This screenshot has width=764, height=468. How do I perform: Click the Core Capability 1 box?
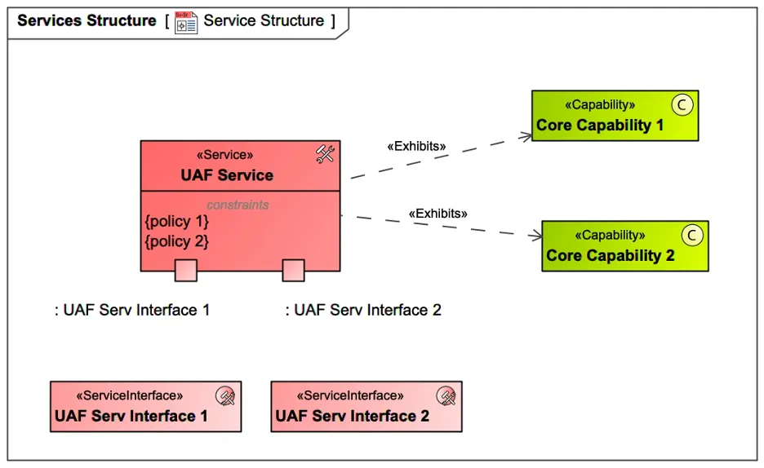point(615,116)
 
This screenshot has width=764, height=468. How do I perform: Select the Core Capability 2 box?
point(624,245)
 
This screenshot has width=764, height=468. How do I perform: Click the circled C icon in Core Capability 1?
point(682,104)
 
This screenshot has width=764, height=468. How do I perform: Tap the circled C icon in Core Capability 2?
point(692,235)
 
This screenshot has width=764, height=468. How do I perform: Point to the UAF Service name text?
point(227,175)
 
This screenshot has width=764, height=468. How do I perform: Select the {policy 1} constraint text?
point(176,222)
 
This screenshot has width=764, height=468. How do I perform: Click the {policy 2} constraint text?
point(176,241)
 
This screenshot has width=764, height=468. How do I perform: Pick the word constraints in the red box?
point(238,205)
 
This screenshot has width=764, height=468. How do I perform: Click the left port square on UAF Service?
point(186,271)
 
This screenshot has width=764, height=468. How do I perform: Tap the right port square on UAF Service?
point(293,271)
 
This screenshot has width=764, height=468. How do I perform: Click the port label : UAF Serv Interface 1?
point(132,310)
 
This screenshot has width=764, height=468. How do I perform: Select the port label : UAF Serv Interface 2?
point(363,310)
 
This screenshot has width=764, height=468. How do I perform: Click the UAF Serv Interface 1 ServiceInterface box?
point(145,406)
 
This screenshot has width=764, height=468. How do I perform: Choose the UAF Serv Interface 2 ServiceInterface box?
point(366,406)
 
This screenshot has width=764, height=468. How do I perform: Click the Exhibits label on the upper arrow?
point(416,147)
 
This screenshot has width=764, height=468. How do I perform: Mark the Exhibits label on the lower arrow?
point(438,214)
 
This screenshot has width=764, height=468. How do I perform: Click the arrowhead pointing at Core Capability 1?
point(526,137)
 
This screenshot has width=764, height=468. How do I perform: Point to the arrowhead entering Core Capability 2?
point(535,236)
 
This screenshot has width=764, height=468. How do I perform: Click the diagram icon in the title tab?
point(186,21)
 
